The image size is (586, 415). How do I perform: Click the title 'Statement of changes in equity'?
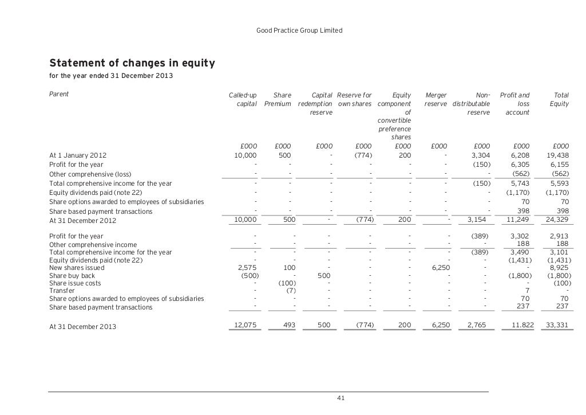(132, 62)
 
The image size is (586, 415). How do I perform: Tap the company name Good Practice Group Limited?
(300, 30)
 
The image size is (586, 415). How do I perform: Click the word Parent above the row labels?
(59, 94)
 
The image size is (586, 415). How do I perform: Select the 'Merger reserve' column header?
(436, 99)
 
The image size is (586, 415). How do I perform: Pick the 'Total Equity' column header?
(559, 99)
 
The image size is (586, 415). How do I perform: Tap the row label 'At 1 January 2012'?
(78, 155)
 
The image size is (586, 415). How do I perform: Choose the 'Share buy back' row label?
(72, 275)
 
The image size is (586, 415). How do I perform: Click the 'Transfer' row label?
(61, 291)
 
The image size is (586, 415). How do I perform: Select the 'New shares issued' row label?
(77, 267)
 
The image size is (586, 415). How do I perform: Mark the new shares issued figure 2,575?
(248, 267)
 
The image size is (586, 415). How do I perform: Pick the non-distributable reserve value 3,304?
(480, 155)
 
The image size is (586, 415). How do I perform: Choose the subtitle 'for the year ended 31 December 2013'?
(111, 76)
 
